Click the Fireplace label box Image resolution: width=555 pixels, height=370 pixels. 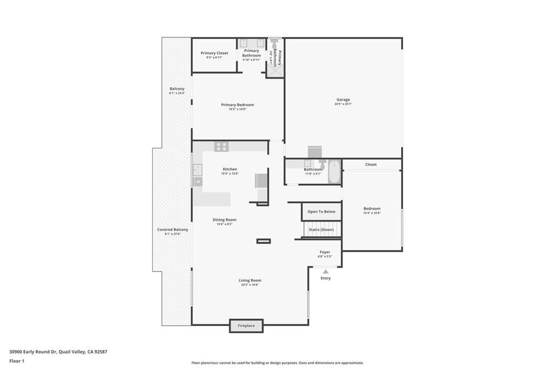(247, 326)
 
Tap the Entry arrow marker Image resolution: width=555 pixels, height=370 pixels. (325, 272)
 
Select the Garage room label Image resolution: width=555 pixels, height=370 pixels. (343, 100)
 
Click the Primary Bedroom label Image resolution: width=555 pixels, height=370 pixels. (237, 105)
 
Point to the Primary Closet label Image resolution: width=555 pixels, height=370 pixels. (214, 53)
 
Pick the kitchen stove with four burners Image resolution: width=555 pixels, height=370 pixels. (222, 146)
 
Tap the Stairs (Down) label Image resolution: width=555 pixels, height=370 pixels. (321, 230)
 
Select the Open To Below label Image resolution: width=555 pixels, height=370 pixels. (321, 212)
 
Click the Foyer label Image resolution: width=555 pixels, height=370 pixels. (325, 252)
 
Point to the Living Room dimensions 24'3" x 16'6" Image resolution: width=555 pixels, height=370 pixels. (250, 285)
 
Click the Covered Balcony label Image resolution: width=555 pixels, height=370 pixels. (173, 230)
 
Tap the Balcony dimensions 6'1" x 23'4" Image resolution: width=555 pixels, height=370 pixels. (177, 93)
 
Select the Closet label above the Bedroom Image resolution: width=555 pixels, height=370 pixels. (371, 165)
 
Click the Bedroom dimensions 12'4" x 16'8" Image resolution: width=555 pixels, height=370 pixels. (372, 213)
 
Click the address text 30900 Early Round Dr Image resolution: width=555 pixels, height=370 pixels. (33, 352)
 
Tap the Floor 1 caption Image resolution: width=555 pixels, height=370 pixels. (17, 360)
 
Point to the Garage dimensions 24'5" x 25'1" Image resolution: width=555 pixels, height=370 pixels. (343, 104)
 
